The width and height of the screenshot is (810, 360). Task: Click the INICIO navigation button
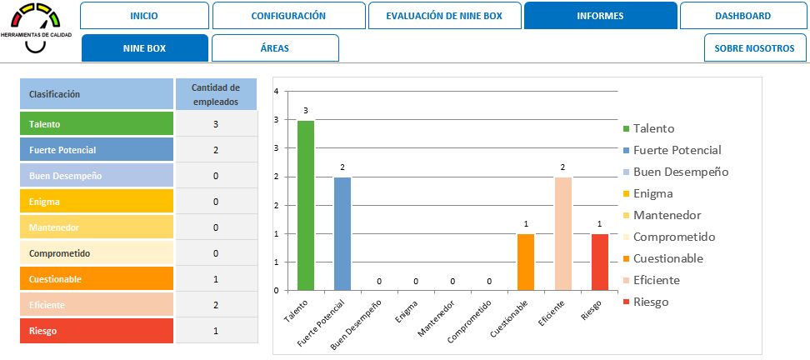point(144,16)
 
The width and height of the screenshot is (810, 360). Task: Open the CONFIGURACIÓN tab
point(288,16)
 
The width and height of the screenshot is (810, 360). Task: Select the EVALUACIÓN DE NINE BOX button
point(444,16)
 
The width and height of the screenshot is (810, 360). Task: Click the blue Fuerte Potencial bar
point(342,234)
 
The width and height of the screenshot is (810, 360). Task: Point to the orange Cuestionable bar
point(525,262)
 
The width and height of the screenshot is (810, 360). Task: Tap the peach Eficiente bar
point(562,234)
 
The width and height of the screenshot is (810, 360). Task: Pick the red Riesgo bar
point(599,262)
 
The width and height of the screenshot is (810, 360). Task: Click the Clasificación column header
point(97,94)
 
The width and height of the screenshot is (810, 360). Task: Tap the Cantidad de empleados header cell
point(216,94)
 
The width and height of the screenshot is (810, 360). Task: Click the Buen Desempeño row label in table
point(97,176)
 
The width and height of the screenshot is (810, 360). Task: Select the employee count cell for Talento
point(216,124)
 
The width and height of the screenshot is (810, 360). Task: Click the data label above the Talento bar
point(306,110)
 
